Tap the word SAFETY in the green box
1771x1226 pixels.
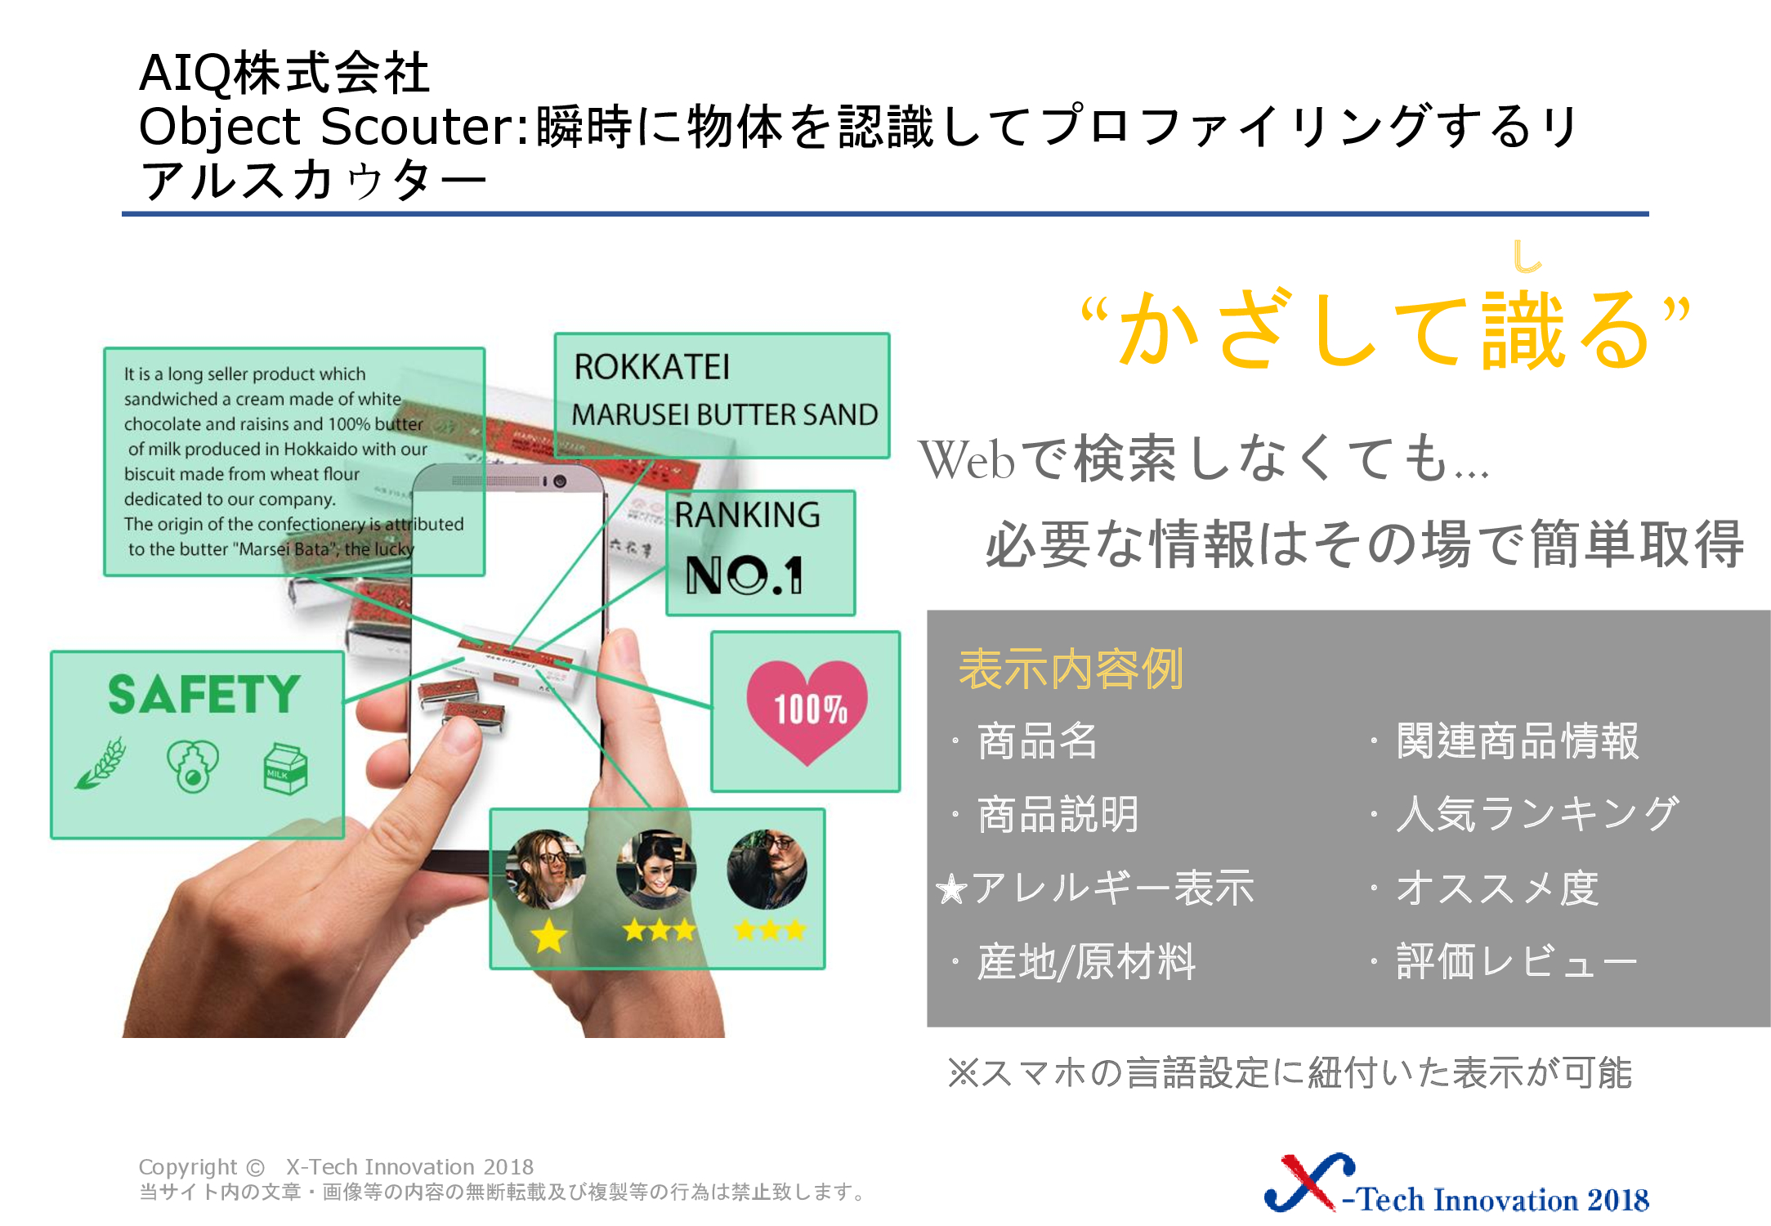[x=204, y=694]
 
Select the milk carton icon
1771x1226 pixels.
[x=285, y=769]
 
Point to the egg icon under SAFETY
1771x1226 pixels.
[x=193, y=767]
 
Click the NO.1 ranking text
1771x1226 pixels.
[x=744, y=575]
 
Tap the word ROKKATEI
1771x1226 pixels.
[x=651, y=367]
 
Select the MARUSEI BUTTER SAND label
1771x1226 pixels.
[x=724, y=414]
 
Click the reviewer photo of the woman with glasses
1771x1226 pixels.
[x=545, y=869]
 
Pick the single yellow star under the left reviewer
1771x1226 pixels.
[x=549, y=936]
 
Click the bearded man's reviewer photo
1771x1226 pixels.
[x=767, y=869]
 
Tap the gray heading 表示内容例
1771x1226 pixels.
[x=1071, y=669]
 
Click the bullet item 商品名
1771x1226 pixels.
[x=1037, y=741]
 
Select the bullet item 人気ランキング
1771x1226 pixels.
[x=1537, y=814]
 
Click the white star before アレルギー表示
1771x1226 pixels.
[x=952, y=889]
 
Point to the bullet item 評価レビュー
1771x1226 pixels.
[x=1516, y=961]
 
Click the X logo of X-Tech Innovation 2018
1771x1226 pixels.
[x=1308, y=1182]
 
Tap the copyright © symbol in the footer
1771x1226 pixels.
[x=255, y=1167]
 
